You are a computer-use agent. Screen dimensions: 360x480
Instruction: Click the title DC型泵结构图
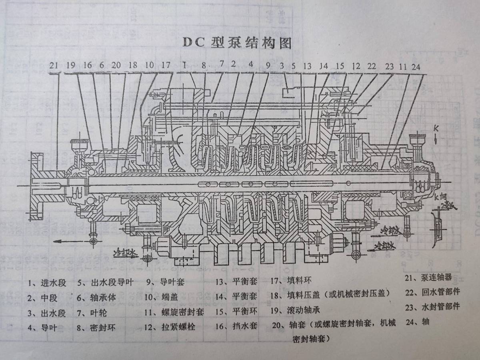point(237,42)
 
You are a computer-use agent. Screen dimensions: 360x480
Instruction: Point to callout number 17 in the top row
point(166,65)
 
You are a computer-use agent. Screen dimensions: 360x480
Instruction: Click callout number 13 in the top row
point(307,66)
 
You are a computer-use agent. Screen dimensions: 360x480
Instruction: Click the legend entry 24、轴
point(417,321)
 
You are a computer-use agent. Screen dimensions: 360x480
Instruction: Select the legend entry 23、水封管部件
point(432,307)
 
